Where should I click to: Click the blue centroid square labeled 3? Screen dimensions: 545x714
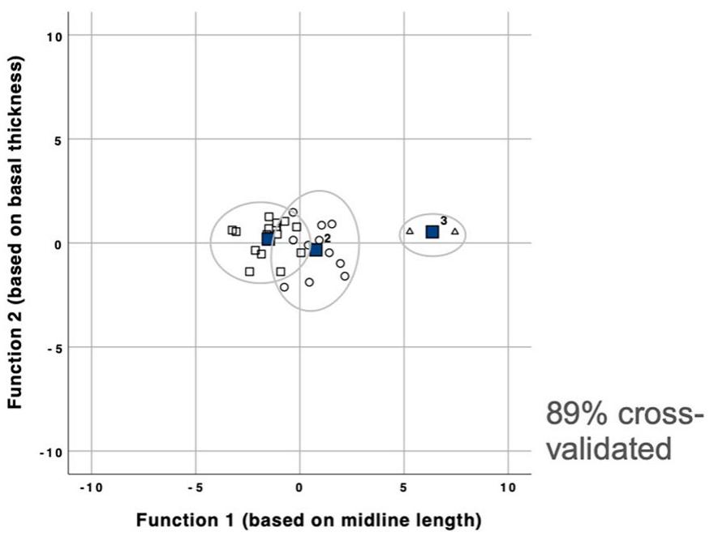point(432,232)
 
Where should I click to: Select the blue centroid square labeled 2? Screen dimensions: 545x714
point(316,250)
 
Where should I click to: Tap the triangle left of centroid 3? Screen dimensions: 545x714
point(410,231)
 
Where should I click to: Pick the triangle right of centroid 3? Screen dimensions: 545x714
point(455,231)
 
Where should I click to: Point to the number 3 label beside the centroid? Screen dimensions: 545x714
point(444,221)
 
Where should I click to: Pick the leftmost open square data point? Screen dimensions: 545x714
point(232,230)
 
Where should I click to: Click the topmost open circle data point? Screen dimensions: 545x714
point(293,212)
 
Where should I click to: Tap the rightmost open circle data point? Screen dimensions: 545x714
point(345,276)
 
